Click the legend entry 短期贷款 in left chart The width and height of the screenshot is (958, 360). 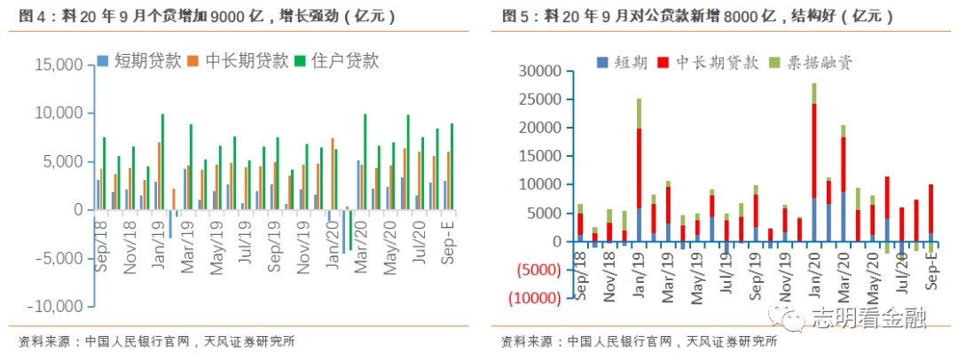point(147,60)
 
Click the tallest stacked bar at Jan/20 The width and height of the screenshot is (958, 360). point(813,160)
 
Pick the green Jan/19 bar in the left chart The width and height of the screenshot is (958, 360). point(162,161)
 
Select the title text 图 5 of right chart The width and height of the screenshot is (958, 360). point(515,16)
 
